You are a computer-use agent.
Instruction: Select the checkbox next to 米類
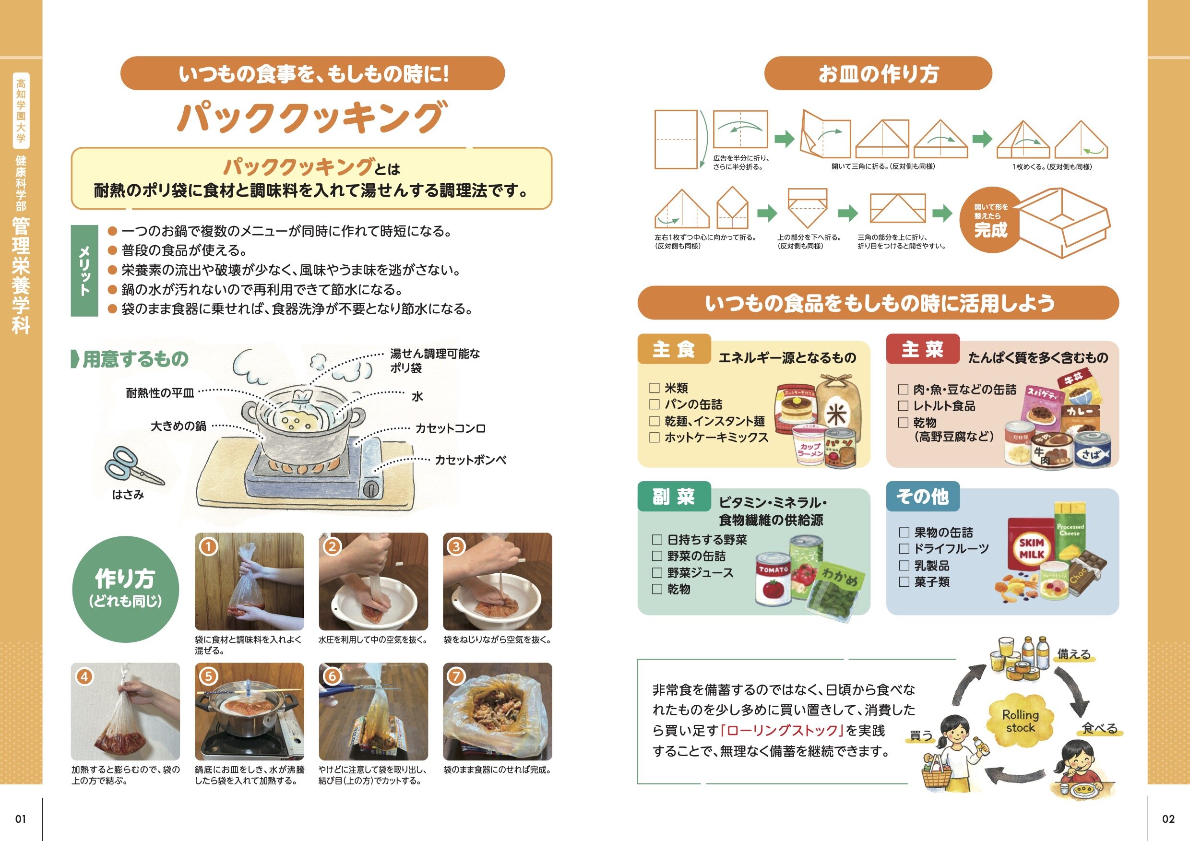tap(654, 388)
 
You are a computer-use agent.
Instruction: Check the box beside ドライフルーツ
tap(904, 548)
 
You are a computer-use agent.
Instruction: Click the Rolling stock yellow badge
tap(1020, 721)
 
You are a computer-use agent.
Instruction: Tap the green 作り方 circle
tap(125, 589)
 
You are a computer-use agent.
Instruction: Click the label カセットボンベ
tap(471, 460)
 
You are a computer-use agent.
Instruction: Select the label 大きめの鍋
tap(178, 426)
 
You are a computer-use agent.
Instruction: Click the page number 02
tap(1168, 819)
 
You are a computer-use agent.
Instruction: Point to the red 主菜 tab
tap(923, 349)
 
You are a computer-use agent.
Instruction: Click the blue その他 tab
tap(923, 497)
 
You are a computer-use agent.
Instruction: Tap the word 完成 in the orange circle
tap(990, 229)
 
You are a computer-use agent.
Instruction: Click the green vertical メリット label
tap(84, 271)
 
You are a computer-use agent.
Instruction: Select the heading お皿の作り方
tap(878, 73)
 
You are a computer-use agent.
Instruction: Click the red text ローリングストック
tap(782, 731)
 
